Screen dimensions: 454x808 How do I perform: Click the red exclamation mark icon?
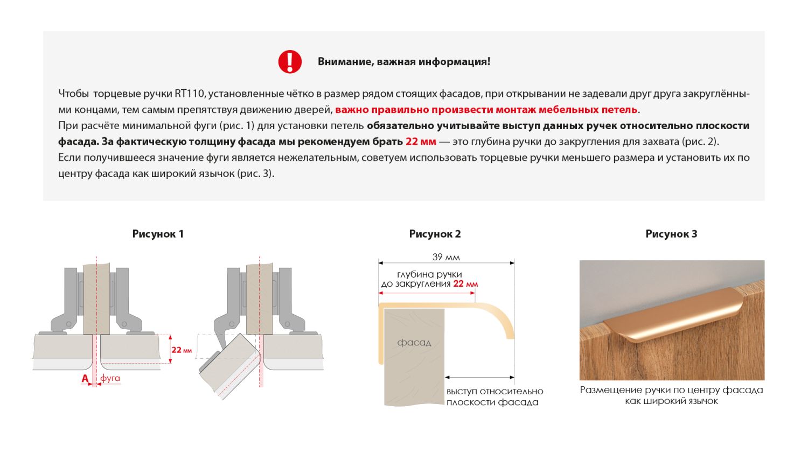coord(290,62)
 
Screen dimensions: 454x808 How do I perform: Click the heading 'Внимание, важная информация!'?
coord(403,62)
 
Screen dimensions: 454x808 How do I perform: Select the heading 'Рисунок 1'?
coord(158,234)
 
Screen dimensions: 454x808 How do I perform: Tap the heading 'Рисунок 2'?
coord(435,234)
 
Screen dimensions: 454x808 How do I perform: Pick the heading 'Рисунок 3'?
coord(671,234)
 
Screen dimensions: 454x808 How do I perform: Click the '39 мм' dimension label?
coord(446,257)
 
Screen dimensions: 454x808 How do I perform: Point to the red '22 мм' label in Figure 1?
coord(181,350)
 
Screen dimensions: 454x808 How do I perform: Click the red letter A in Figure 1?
coord(85,379)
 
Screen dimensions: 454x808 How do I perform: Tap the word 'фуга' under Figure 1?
coord(110,378)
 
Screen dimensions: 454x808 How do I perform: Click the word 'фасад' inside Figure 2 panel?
coord(414,343)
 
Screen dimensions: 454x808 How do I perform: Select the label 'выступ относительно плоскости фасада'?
coord(494,396)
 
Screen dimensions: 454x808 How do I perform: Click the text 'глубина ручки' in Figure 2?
coord(429,274)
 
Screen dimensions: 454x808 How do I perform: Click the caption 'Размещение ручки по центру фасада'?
coord(671,390)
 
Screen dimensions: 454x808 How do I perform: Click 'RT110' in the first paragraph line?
coord(189,94)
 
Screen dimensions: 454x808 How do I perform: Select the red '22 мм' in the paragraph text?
coord(420,141)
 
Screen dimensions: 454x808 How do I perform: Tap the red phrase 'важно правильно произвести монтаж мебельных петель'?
coord(486,110)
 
